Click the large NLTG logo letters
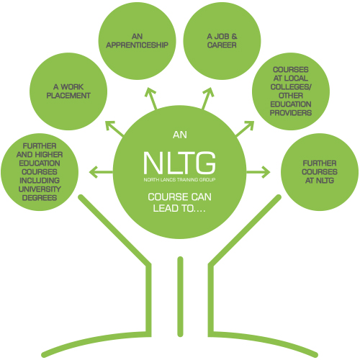coord(180,160)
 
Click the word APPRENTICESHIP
coord(140,44)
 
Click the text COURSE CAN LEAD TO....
coord(180,204)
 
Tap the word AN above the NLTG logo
coord(180,135)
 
